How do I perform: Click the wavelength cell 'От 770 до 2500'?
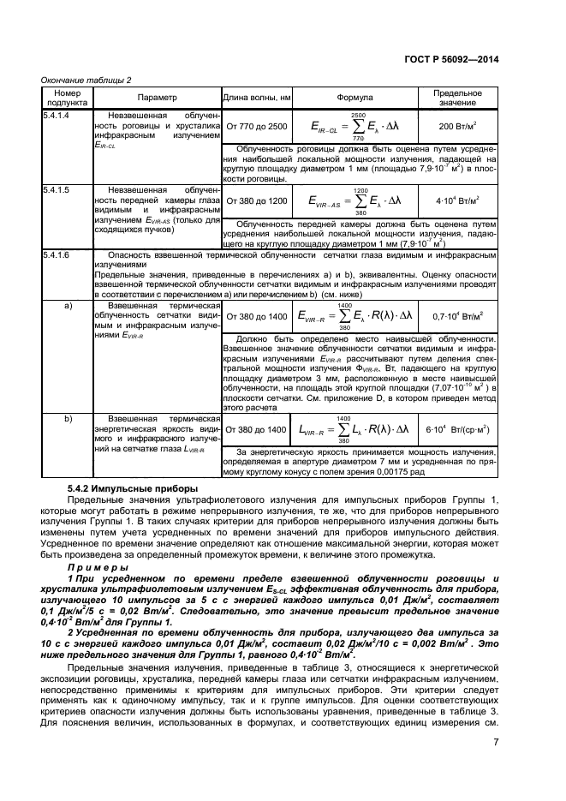pyautogui.click(x=257, y=127)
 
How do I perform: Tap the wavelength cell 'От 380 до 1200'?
pyautogui.click(x=257, y=201)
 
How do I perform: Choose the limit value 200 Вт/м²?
pyautogui.click(x=457, y=127)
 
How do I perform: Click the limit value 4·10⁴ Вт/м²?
pyautogui.click(x=457, y=201)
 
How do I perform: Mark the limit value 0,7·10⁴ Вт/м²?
pyautogui.click(x=457, y=316)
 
